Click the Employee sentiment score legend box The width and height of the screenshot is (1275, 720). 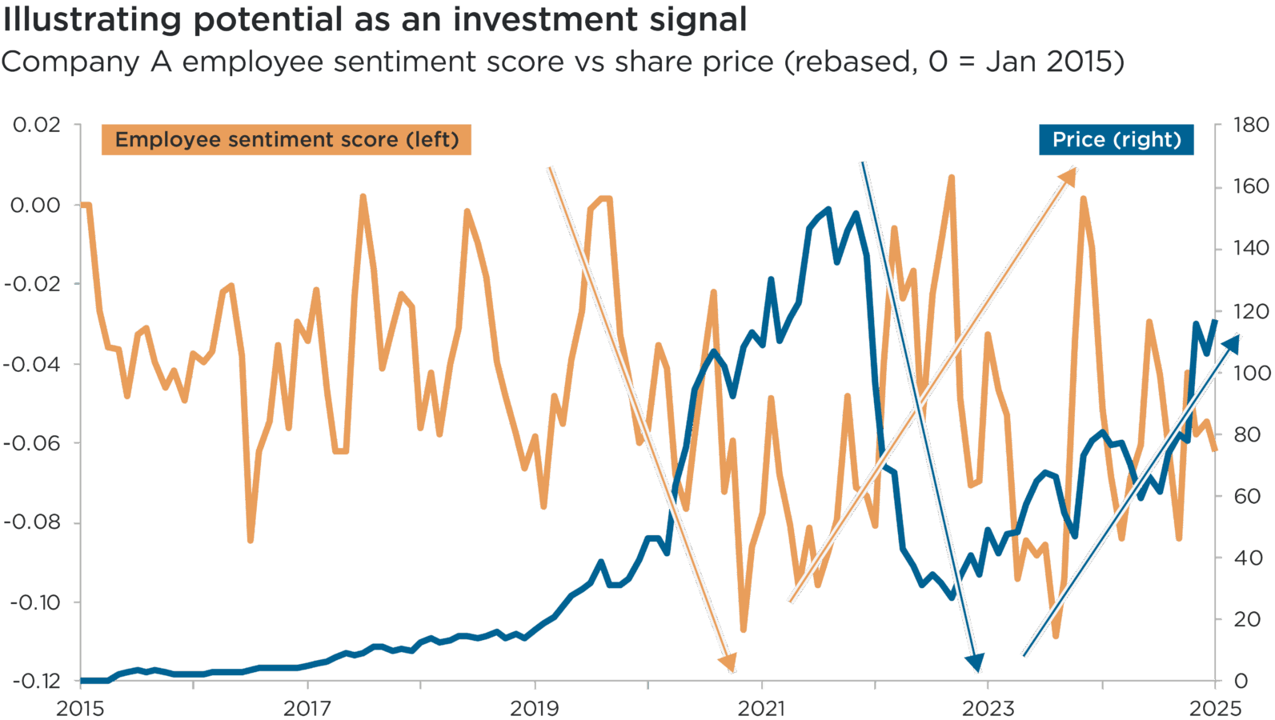pyautogui.click(x=286, y=140)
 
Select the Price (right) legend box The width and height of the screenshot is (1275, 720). pyautogui.click(x=1116, y=140)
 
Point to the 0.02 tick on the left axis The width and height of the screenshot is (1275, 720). pyautogui.click(x=36, y=125)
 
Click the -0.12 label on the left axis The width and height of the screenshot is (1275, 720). pyautogui.click(x=36, y=681)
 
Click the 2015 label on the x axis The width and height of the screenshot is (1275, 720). pyautogui.click(x=80, y=708)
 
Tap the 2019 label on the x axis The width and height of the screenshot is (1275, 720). pyautogui.click(x=535, y=708)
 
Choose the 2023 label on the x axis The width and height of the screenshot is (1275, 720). pyautogui.click(x=988, y=708)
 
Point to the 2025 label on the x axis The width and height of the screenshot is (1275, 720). pyautogui.click(x=1215, y=708)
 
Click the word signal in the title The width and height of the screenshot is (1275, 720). pyautogui.click(x=697, y=19)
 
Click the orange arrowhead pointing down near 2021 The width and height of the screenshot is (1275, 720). pyautogui.click(x=728, y=663)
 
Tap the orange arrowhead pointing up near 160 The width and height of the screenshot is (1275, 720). pyautogui.click(x=1069, y=175)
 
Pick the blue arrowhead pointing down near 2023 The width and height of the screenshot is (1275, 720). pyautogui.click(x=975, y=662)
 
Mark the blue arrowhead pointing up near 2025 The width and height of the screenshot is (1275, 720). pyautogui.click(x=1232, y=343)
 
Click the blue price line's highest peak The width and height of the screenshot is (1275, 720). pyautogui.click(x=828, y=210)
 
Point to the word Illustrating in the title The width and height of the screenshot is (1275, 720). pyautogui.click(x=92, y=19)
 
